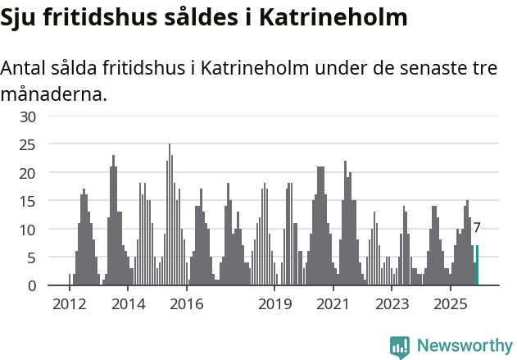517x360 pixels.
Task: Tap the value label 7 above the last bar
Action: pyautogui.click(x=477, y=229)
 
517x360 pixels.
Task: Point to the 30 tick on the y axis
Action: pyautogui.click(x=29, y=117)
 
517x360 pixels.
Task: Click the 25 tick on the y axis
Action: pyautogui.click(x=29, y=145)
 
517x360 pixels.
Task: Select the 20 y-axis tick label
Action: pyautogui.click(x=29, y=173)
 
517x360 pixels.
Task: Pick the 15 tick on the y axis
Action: pyautogui.click(x=29, y=202)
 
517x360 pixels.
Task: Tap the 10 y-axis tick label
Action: pyautogui.click(x=29, y=230)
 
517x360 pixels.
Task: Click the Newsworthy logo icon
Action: pyautogui.click(x=400, y=346)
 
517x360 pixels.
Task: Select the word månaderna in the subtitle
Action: pyautogui.click(x=53, y=95)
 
